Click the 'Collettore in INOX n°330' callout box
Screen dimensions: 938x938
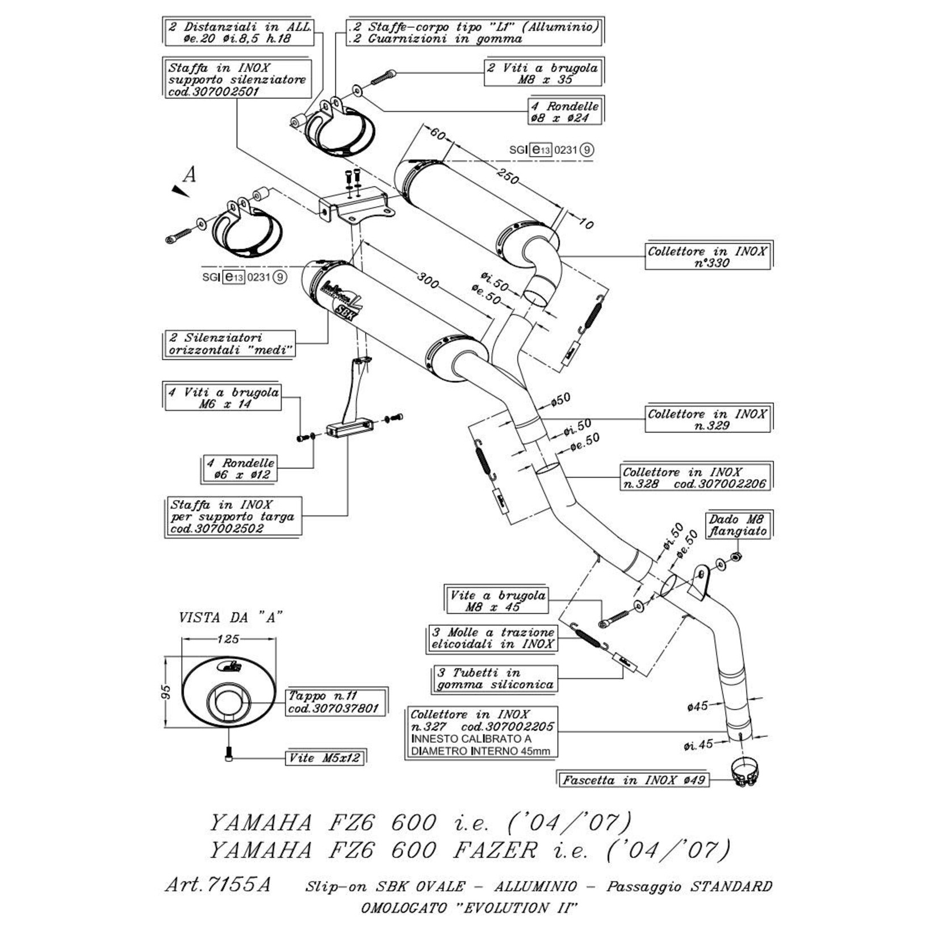tap(707, 257)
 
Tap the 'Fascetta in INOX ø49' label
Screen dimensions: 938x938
tap(633, 780)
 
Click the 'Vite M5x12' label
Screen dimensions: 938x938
tap(325, 758)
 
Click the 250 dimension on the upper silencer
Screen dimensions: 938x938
tap(507, 177)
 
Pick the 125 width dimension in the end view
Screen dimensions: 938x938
tap(228, 639)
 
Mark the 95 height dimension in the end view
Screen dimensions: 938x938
tap(166, 692)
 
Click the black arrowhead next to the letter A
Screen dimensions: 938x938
tap(181, 191)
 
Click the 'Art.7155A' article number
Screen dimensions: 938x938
tap(218, 885)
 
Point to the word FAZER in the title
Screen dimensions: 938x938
tap(495, 850)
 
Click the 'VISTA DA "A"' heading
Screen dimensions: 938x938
tap(231, 617)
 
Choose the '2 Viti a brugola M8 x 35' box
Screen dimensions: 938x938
tap(542, 73)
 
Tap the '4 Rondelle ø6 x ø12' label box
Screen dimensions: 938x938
tap(239, 469)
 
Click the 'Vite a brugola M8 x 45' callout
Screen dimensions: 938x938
tap(497, 601)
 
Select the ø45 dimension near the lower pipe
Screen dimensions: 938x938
tap(698, 706)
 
